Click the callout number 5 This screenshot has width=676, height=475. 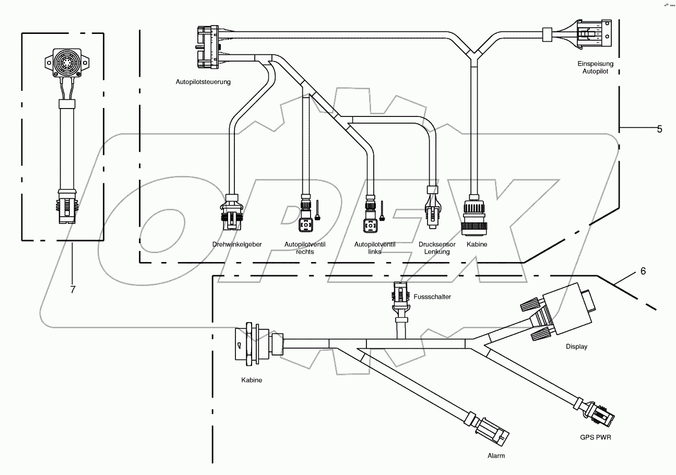point(659,129)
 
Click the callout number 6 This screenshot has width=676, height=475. point(643,271)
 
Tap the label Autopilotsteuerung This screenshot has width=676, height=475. point(203,82)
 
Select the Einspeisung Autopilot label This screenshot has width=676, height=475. point(598,67)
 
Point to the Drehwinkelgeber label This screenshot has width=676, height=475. point(237,244)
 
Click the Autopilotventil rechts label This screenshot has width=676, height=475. point(304,247)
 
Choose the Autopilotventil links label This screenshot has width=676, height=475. point(374,247)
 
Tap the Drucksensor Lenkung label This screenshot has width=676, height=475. point(437,247)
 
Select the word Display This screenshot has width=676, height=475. point(576,347)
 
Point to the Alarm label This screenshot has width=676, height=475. point(496,456)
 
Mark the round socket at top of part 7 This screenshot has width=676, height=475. point(65,65)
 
